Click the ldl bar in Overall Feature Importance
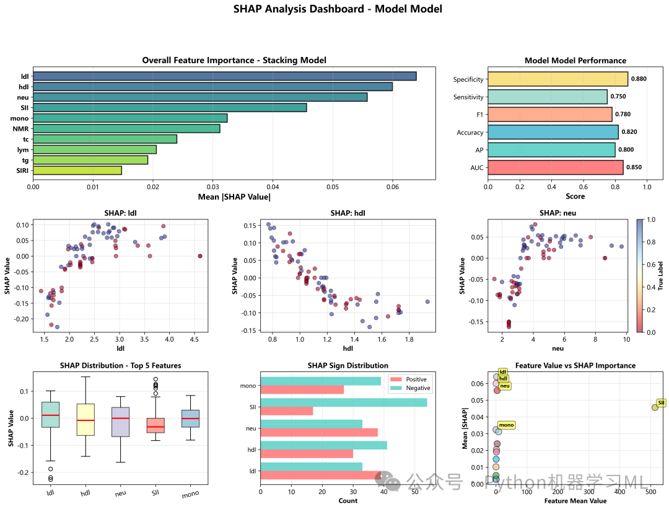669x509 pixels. pyautogui.click(x=224, y=76)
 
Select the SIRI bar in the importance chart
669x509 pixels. pyautogui.click(x=77, y=170)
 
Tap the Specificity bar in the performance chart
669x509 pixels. pyautogui.click(x=557, y=79)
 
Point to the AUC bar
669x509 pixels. pyautogui.click(x=555, y=167)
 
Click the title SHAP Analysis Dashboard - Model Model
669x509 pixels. pyautogui.click(x=338, y=9)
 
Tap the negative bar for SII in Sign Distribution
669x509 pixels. pyautogui.click(x=344, y=402)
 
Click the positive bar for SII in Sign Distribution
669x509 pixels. pyautogui.click(x=287, y=410)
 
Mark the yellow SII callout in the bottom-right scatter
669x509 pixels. pyautogui.click(x=661, y=403)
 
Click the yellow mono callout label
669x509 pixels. pyautogui.click(x=507, y=425)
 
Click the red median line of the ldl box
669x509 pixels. pyautogui.click(x=51, y=415)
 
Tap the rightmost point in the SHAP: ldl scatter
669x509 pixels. pyautogui.click(x=199, y=255)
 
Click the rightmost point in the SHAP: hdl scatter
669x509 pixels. pyautogui.click(x=427, y=301)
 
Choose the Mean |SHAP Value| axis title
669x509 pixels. pyautogui.click(x=234, y=197)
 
